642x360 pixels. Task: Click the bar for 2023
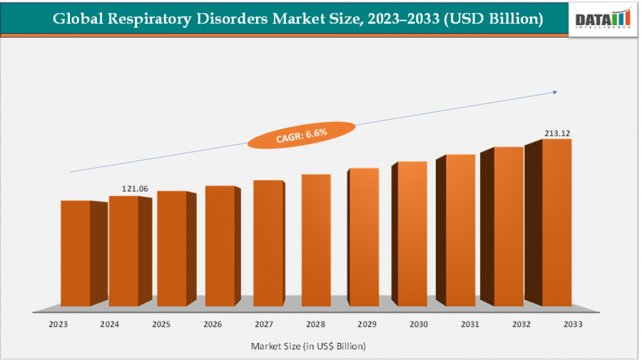pos(75,253)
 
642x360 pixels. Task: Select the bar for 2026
pos(220,246)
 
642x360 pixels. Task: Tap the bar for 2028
pos(316,240)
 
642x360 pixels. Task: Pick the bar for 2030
pos(412,234)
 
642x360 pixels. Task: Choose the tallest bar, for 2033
pos(556,222)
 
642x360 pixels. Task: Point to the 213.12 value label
pos(558,133)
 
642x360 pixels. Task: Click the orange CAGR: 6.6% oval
pos(301,135)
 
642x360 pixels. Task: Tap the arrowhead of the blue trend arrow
pos(554,91)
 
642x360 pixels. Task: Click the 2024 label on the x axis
pos(110,324)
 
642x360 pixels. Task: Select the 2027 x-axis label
pos(264,324)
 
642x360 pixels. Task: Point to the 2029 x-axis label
pos(367,324)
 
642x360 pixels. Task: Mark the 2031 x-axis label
pos(470,324)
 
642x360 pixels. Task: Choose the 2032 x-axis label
pos(521,324)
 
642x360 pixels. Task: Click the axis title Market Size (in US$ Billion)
pos(308,346)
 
